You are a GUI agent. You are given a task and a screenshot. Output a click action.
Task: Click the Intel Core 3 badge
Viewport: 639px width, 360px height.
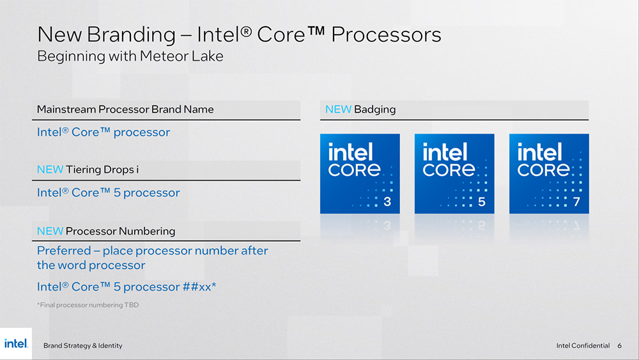coord(360,174)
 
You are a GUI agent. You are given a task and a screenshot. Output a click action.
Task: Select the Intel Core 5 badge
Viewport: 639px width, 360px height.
coord(454,174)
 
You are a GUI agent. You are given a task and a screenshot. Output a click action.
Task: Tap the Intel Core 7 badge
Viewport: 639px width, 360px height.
coord(549,174)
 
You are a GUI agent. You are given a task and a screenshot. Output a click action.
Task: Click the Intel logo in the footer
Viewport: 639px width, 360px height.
coord(16,343)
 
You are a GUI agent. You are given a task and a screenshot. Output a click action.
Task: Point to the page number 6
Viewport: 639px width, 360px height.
coord(619,346)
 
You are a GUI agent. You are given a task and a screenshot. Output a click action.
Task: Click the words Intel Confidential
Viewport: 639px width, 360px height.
coord(583,346)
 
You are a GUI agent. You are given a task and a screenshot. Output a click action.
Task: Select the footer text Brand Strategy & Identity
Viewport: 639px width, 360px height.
coord(82,346)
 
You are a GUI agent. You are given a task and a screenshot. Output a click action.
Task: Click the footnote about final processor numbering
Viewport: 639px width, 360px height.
coord(88,305)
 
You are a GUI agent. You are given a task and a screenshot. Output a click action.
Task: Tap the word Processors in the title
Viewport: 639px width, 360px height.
coord(386,35)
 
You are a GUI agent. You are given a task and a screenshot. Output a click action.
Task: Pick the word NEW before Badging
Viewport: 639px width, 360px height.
coord(338,109)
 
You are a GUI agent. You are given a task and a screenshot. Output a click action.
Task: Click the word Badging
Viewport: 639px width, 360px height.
coord(375,110)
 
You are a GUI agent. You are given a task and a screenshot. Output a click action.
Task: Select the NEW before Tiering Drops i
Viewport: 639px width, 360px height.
coord(50,169)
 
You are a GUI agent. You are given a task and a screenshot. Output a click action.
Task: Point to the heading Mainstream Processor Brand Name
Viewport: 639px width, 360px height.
coord(125,109)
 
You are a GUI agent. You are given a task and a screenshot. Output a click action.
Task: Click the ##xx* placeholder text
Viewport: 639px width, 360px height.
coord(199,286)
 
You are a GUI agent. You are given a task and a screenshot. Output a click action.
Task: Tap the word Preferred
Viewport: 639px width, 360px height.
coord(64,250)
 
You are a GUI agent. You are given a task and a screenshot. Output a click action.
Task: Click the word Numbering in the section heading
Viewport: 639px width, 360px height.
coord(147,231)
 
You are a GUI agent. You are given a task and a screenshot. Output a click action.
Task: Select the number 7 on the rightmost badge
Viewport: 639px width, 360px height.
coord(576,202)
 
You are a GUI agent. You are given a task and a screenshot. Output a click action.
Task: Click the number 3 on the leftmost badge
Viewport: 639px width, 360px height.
coord(387,202)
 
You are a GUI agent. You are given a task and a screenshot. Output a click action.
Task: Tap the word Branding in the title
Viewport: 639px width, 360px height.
coord(131,35)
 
